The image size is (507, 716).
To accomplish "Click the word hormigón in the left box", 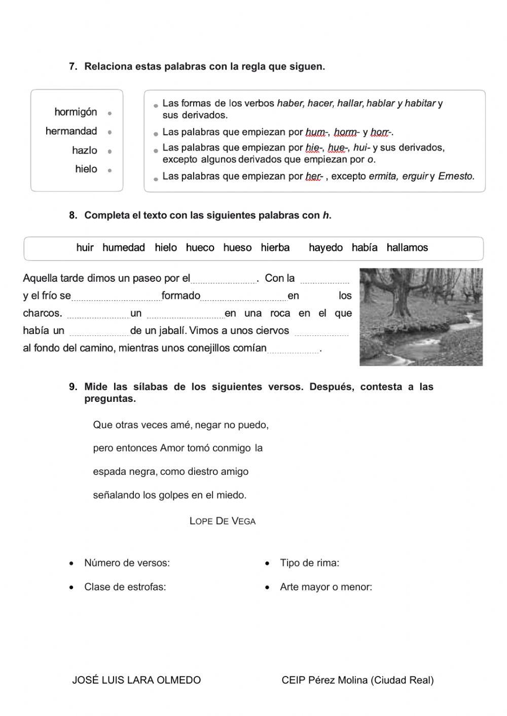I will pyautogui.click(x=76, y=112).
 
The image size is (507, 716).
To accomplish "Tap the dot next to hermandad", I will pyautogui.click(x=110, y=132).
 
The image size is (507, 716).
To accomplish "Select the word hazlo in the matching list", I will pyautogui.click(x=84, y=150).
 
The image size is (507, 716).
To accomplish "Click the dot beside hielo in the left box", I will pyautogui.click(x=110, y=170).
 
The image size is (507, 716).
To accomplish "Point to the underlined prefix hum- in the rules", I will pyautogui.click(x=314, y=132).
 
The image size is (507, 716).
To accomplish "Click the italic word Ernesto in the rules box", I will pyautogui.click(x=456, y=176).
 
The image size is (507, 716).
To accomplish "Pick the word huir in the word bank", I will pyautogui.click(x=85, y=248).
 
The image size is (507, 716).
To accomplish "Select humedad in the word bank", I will pyautogui.click(x=123, y=248).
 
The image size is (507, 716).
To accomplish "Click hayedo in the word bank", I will pyautogui.click(x=325, y=248).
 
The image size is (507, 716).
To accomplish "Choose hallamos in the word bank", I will pyautogui.click(x=407, y=248).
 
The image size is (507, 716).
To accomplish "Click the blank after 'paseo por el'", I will pyautogui.click(x=224, y=280).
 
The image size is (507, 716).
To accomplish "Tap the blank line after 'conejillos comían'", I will pyautogui.click(x=293, y=350).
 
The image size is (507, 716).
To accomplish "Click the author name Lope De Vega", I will pyautogui.click(x=222, y=521).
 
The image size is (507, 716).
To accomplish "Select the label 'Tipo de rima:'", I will pyautogui.click(x=309, y=563).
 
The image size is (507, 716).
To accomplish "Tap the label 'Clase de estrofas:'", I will pyautogui.click(x=125, y=587).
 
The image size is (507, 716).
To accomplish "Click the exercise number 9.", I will pyautogui.click(x=73, y=387).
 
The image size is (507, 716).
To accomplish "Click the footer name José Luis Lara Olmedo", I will pyautogui.click(x=136, y=681).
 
